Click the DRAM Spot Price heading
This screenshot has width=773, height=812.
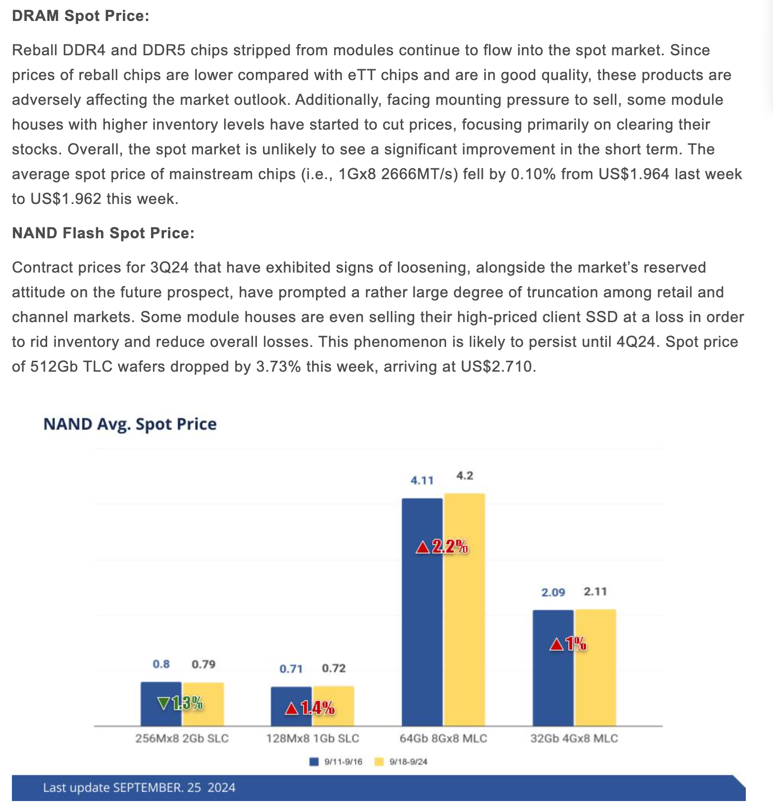point(81,16)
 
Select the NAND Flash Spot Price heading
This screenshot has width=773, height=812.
point(103,233)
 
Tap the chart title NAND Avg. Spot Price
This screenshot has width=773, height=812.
point(130,424)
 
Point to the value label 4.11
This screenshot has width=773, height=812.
point(422,480)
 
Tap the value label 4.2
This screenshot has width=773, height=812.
point(465,476)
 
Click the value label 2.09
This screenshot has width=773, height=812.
point(553,592)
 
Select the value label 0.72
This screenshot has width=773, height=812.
point(334,668)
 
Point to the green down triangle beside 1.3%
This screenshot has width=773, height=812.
point(163,703)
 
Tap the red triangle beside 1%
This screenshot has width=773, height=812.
point(556,645)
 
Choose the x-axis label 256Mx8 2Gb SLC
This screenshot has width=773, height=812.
point(182,738)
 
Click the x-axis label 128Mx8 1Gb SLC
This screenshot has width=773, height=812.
point(313,738)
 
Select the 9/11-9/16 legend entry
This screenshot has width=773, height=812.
point(336,761)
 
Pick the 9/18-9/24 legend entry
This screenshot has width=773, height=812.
point(401,761)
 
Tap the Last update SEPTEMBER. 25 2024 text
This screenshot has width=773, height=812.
point(139,787)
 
